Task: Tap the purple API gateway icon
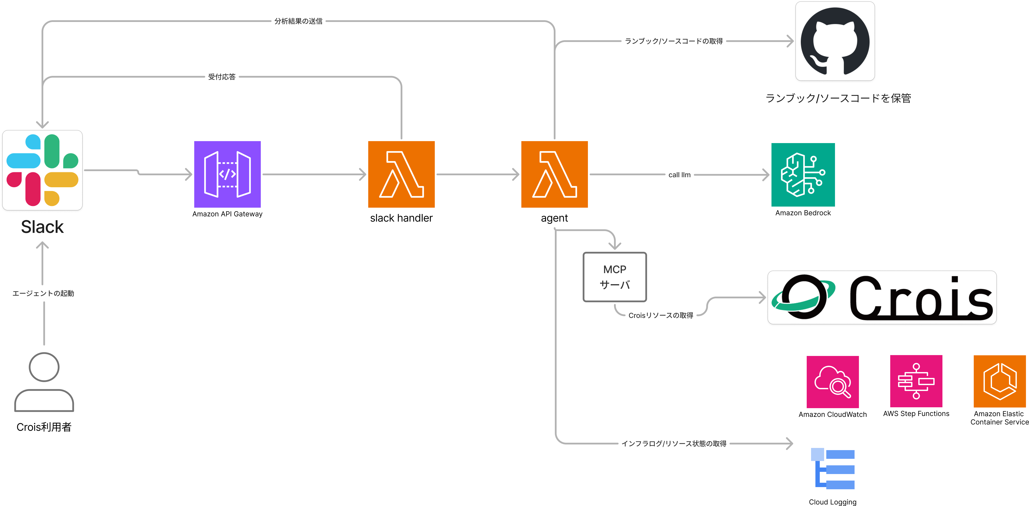coord(227,174)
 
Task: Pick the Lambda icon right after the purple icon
coord(401,174)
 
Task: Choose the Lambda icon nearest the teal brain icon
coord(554,174)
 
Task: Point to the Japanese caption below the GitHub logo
coord(838,98)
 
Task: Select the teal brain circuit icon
coord(803,175)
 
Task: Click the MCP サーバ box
coord(615,277)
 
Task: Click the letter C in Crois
coord(867,297)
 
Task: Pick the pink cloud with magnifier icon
coord(832,382)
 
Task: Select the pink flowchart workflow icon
coord(916,381)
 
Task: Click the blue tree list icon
coord(833,468)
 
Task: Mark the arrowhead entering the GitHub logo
coord(791,41)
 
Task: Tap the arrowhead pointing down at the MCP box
coord(615,246)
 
